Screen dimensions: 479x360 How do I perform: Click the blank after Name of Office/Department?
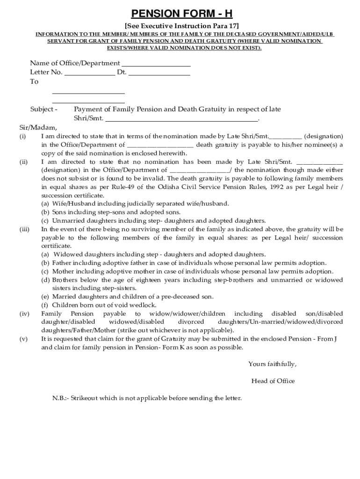[156, 64]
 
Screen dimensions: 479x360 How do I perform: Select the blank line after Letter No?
[89, 73]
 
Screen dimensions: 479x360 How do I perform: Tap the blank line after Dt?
[159, 73]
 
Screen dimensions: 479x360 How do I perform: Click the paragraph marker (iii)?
[24, 229]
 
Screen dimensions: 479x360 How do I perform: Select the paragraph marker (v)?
[23, 339]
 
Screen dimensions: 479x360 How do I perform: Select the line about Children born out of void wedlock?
[105, 305]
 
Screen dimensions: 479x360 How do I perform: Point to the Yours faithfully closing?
[272, 364]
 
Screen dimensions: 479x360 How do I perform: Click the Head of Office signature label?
[273, 381]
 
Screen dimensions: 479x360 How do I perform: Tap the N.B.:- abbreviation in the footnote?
[60, 399]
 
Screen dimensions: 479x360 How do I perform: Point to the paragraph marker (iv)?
[24, 313]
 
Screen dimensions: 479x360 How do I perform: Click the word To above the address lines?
[34, 82]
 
